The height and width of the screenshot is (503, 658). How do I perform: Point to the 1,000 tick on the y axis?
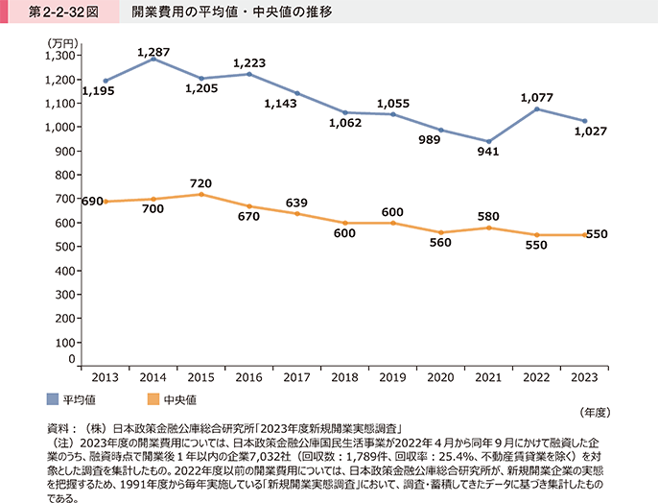point(60,127)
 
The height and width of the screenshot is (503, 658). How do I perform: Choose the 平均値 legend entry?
point(72,398)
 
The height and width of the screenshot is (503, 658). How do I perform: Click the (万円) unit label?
point(60,44)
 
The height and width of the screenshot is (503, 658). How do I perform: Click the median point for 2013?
point(106,201)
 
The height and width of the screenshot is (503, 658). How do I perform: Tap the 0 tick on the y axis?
point(71,358)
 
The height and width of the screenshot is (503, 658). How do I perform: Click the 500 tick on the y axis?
point(63,247)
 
